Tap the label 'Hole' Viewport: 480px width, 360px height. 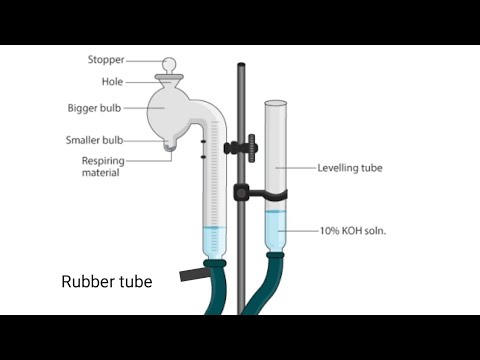point(112,82)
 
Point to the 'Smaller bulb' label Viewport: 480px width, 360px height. point(96,140)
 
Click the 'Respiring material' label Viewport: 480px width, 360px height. point(101,166)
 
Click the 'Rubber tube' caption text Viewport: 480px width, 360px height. point(107,282)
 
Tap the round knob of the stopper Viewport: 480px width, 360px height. point(169,64)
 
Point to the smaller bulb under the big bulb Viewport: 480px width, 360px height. point(170,146)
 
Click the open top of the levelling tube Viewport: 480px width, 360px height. point(277,101)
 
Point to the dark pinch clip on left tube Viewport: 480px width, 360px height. point(189,274)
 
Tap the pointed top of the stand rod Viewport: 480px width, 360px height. point(241,66)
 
